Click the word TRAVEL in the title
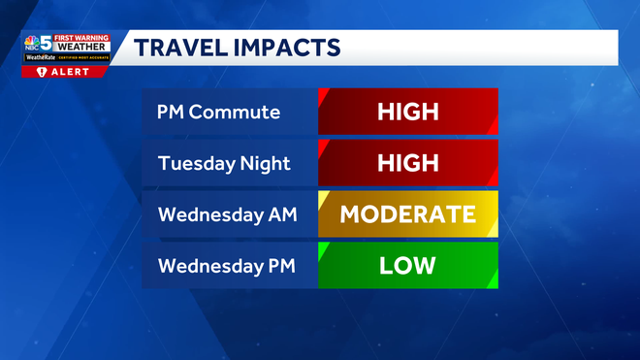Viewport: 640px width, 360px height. tap(176, 47)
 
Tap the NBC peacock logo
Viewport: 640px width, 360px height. tap(33, 43)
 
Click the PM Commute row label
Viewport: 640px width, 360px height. tap(218, 112)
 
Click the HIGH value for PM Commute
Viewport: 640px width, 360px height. tap(407, 112)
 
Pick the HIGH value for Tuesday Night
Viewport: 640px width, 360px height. tap(407, 162)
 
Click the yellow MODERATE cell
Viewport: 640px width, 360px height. tap(407, 213)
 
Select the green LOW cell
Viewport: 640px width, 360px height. tap(407, 265)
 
